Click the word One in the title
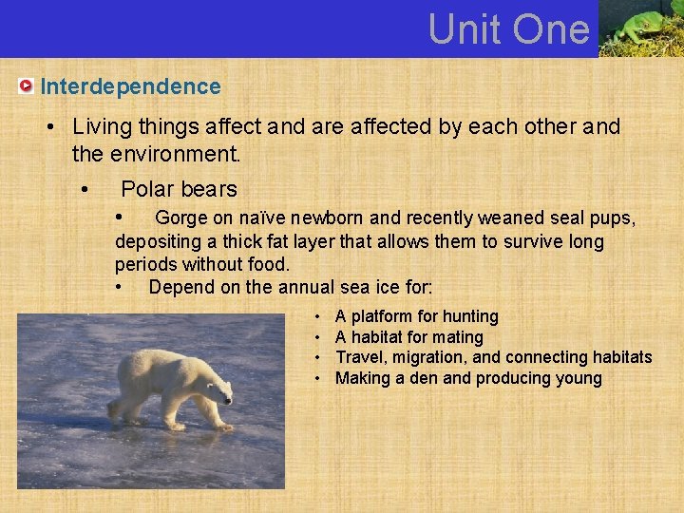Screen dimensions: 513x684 [x=552, y=28]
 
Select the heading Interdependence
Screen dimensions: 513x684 [x=130, y=86]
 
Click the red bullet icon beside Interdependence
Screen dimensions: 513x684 [x=26, y=86]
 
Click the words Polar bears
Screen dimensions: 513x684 [x=179, y=189]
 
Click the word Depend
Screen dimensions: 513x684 [x=180, y=287]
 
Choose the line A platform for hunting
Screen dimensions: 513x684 [x=416, y=316]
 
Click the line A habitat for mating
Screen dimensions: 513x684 [x=408, y=337]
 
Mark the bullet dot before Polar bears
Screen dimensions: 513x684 [x=85, y=189]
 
